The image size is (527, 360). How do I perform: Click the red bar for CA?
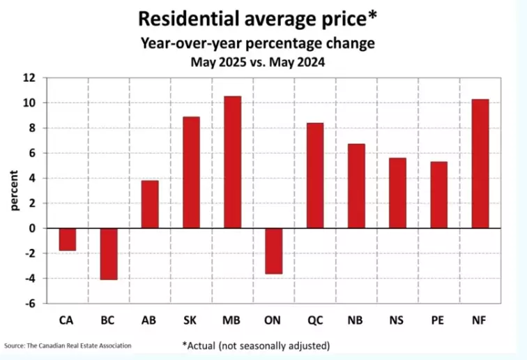[x=68, y=239]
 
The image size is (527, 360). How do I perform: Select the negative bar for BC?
[x=109, y=254]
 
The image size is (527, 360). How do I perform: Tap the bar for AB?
[x=150, y=204]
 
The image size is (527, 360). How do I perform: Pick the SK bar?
[x=191, y=172]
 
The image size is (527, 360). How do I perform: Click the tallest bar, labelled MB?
[x=232, y=162]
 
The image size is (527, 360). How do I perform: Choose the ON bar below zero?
[x=274, y=250]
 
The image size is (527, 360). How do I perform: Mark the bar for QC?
[x=315, y=176]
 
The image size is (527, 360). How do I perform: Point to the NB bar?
[x=356, y=186]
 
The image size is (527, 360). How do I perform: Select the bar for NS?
[x=397, y=193]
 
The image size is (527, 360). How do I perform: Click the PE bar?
[x=438, y=195]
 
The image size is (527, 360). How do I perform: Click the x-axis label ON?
[x=274, y=321]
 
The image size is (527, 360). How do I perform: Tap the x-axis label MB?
[x=232, y=321]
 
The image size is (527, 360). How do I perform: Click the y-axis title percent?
[x=15, y=190]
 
